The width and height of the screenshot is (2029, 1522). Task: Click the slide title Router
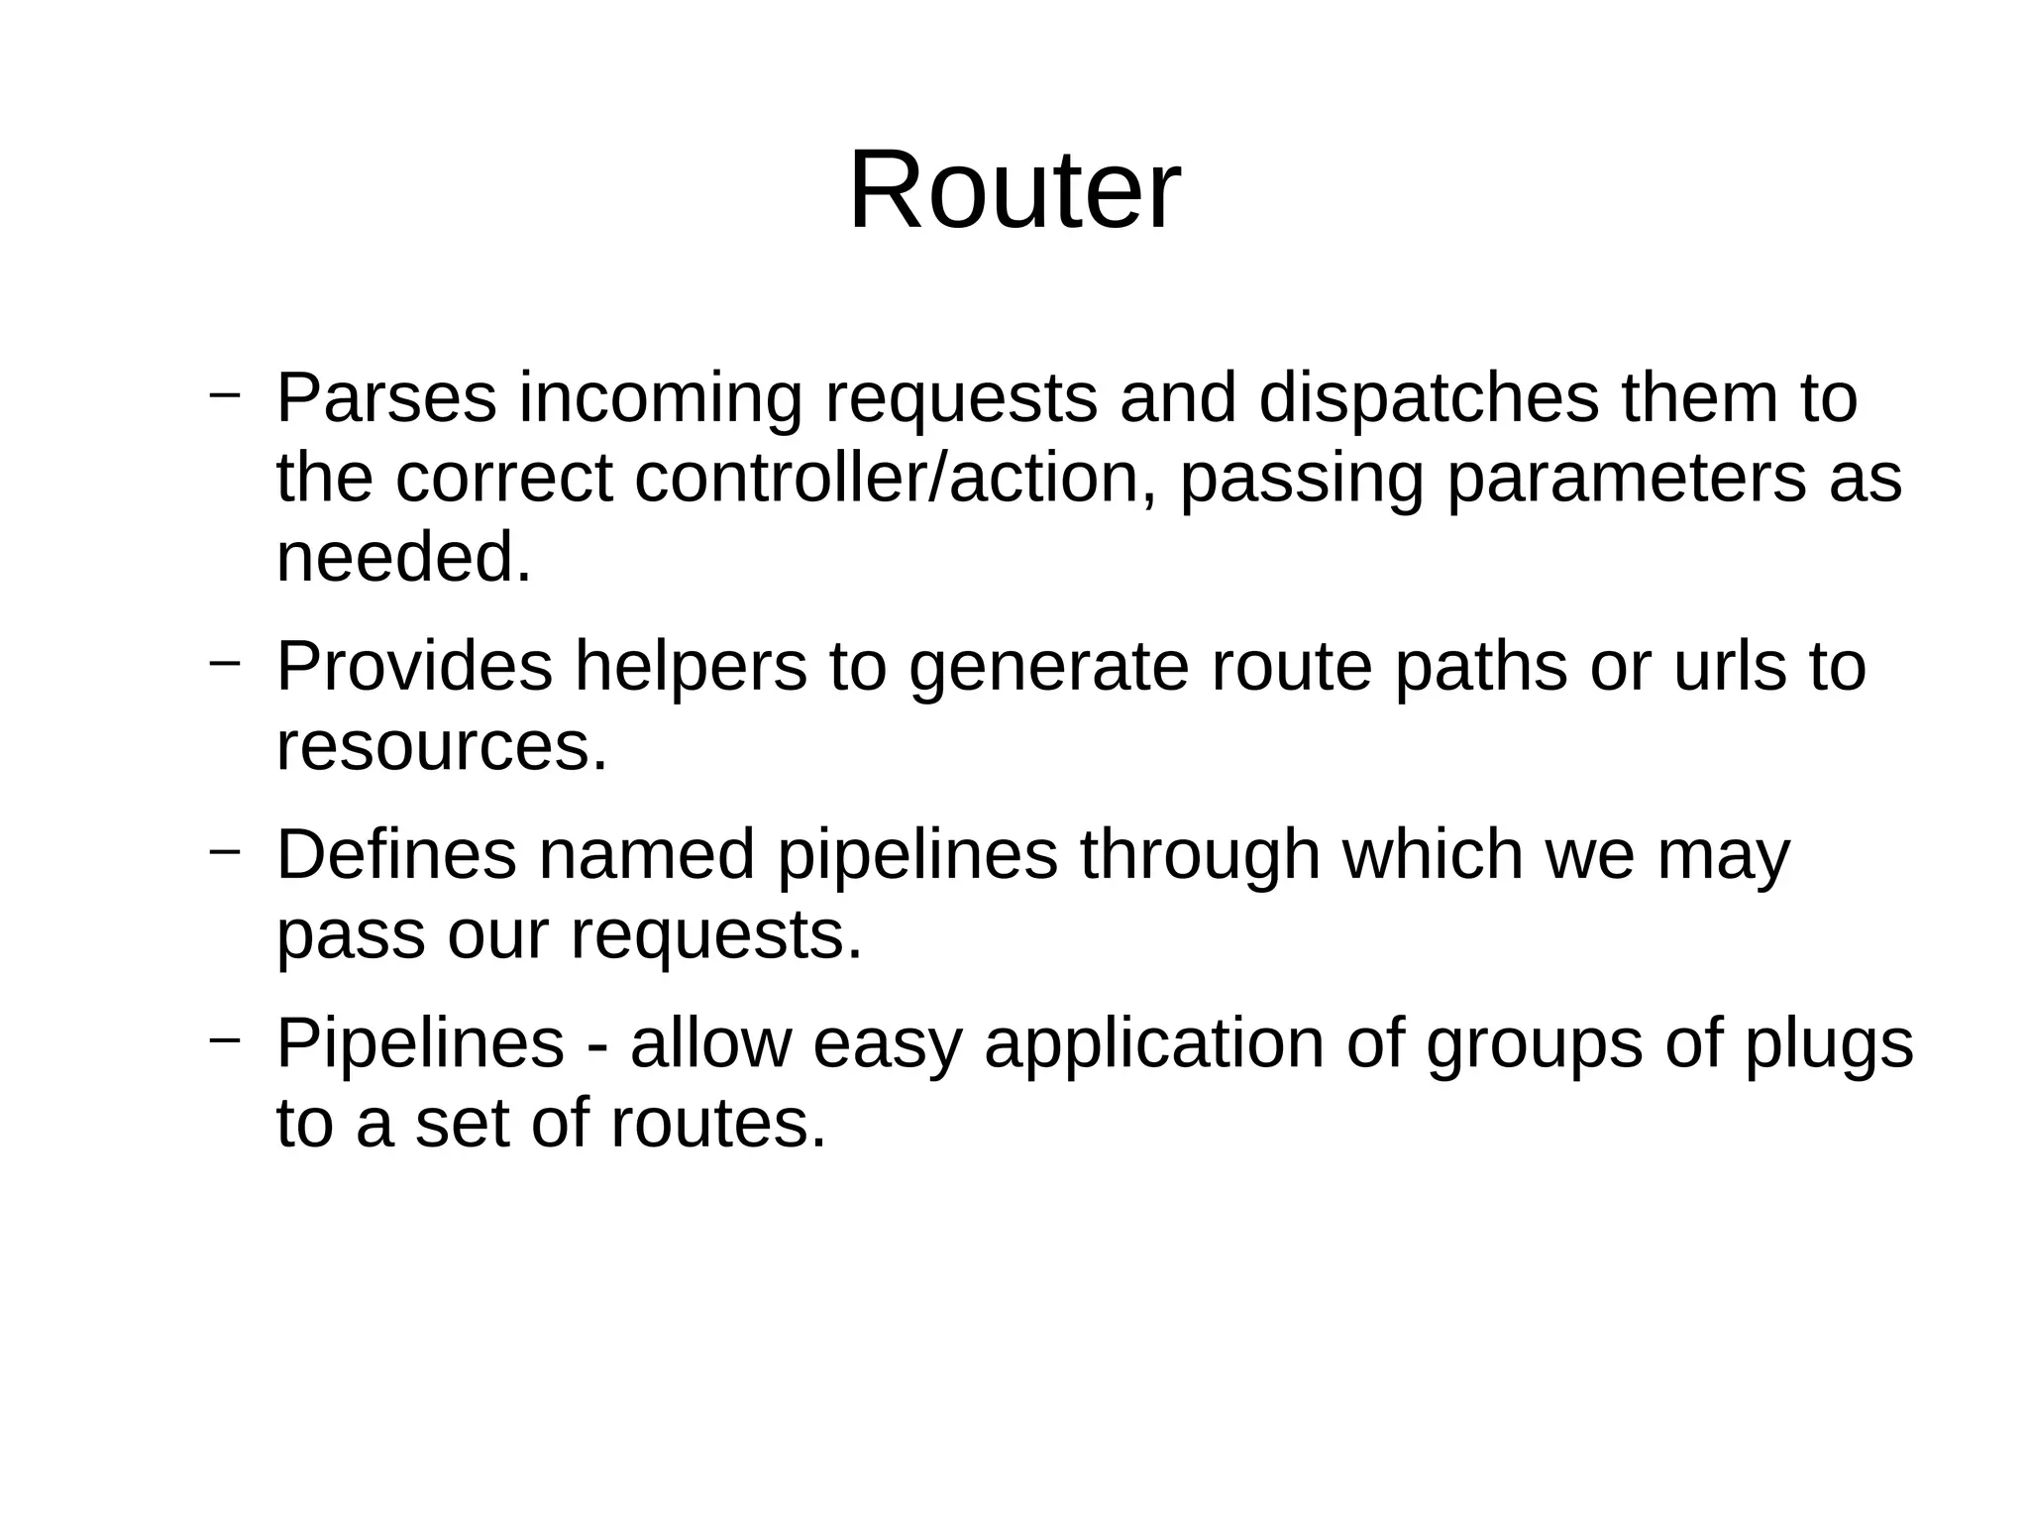pos(1014,189)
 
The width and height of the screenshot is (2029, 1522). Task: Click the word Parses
pos(385,398)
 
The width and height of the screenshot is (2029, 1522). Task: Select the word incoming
pos(660,398)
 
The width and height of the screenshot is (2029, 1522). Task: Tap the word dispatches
pos(1428,398)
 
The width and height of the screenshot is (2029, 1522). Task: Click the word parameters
pos(1626,478)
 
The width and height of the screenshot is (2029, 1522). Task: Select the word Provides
pos(414,666)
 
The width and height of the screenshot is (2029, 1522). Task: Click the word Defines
pos(396,854)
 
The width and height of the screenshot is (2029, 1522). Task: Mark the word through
pos(1200,854)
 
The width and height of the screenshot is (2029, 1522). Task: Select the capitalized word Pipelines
pos(420,1042)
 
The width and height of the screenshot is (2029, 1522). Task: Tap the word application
pos(1153,1042)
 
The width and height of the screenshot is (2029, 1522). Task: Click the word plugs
pos(1828,1042)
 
